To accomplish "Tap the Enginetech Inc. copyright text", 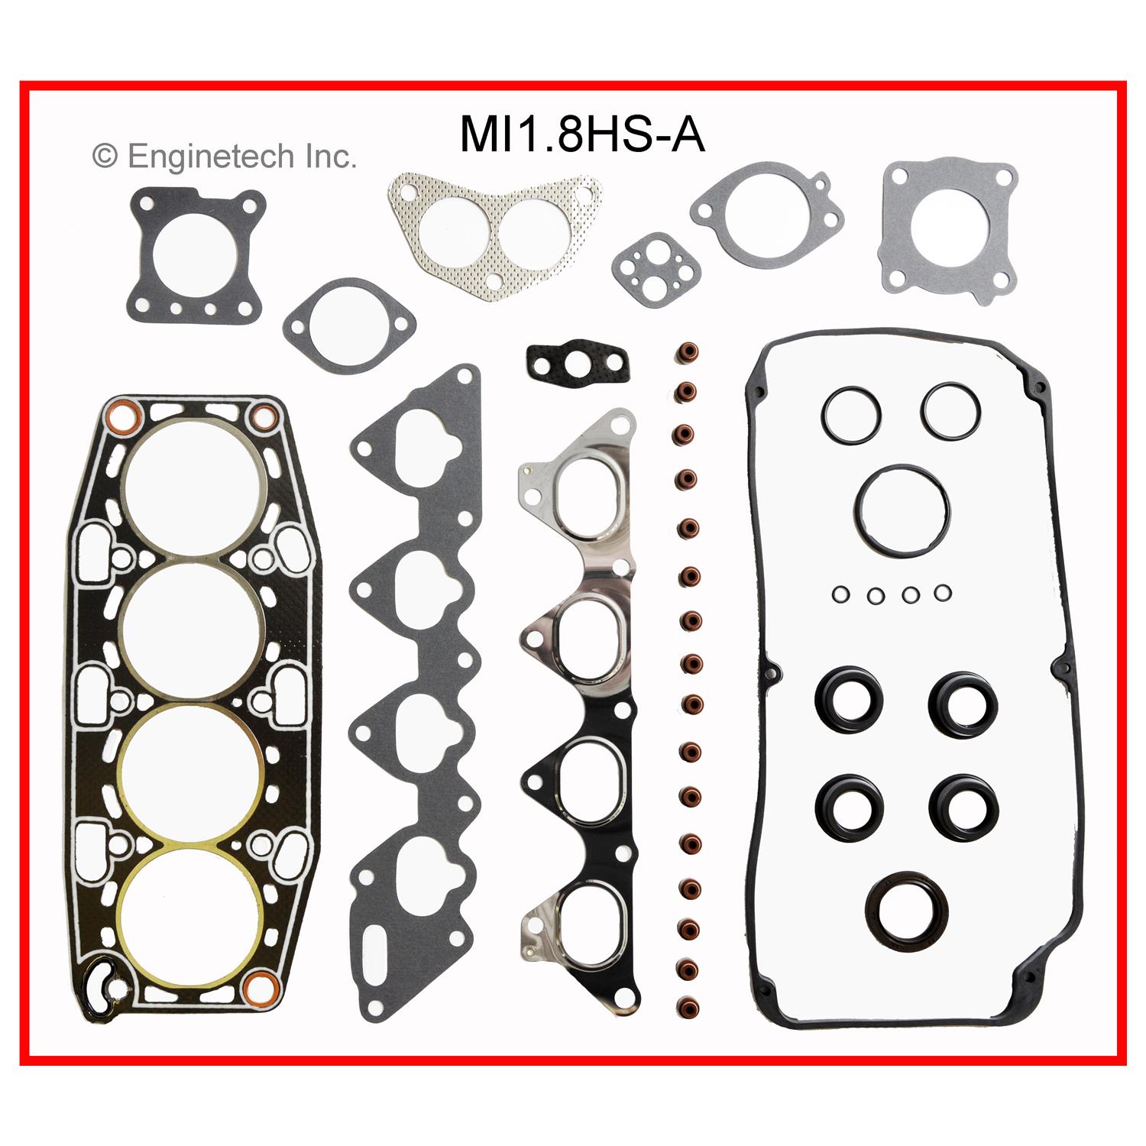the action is click(224, 157).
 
